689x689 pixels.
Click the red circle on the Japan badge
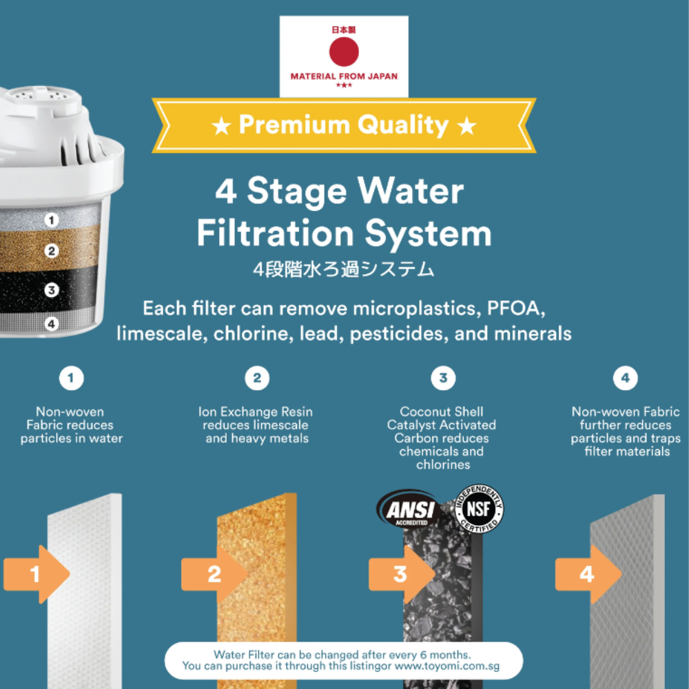pos(344,52)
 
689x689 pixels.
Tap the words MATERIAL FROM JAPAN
pos(344,76)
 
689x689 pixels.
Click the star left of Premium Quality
pos(221,127)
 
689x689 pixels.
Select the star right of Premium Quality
pos(466,127)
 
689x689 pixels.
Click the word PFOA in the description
pos(516,309)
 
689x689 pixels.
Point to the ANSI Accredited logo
pos(409,509)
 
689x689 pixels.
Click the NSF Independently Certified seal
pos(479,509)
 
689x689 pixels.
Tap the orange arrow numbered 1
pos(37,574)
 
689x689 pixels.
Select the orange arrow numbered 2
pos(214,574)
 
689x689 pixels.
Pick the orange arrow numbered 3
pos(402,574)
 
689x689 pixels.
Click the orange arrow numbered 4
pos(588,574)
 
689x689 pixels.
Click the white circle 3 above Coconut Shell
pos(443,378)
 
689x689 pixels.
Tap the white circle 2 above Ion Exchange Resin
pos(257,378)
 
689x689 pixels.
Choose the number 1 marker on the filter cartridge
pos(52,220)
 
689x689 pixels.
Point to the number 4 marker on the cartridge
pos(52,325)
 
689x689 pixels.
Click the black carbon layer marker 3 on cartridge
pos(52,290)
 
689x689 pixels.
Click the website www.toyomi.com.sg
pos(447,666)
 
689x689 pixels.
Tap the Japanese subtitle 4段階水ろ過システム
pos(344,269)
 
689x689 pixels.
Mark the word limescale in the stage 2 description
pos(280,425)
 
